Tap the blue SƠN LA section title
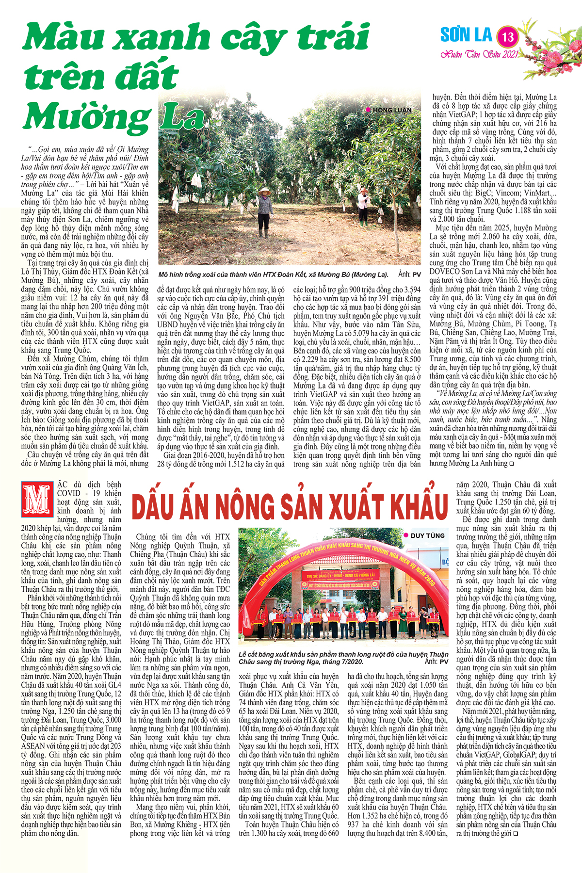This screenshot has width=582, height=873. [x=466, y=35]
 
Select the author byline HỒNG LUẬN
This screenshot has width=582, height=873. [x=392, y=110]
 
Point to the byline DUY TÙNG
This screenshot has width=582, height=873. [x=427, y=535]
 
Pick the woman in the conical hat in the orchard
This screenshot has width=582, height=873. [x=265, y=212]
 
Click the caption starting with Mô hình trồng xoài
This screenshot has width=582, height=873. [x=273, y=275]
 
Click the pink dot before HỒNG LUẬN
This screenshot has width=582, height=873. [x=369, y=110]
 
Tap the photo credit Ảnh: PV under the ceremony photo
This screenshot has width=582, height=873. [x=436, y=662]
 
